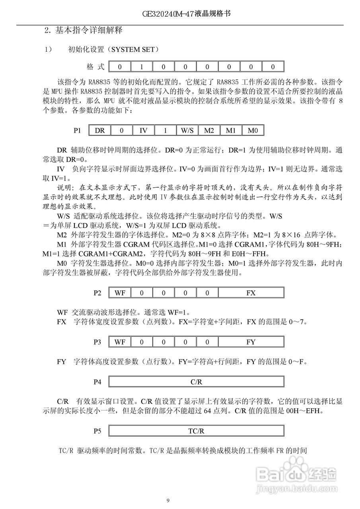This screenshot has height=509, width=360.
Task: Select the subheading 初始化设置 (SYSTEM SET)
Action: tap(114, 50)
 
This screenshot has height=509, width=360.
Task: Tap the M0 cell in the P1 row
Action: tap(253, 130)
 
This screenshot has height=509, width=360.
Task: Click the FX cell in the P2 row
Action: tap(251, 293)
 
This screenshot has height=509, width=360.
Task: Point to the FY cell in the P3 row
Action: tap(251, 342)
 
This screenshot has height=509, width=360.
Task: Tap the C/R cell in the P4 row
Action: tap(196, 382)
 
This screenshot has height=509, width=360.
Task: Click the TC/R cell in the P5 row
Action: tap(196, 431)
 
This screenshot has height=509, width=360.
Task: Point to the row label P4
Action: tap(97, 382)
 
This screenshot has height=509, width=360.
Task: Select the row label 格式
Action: tap(95, 67)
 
